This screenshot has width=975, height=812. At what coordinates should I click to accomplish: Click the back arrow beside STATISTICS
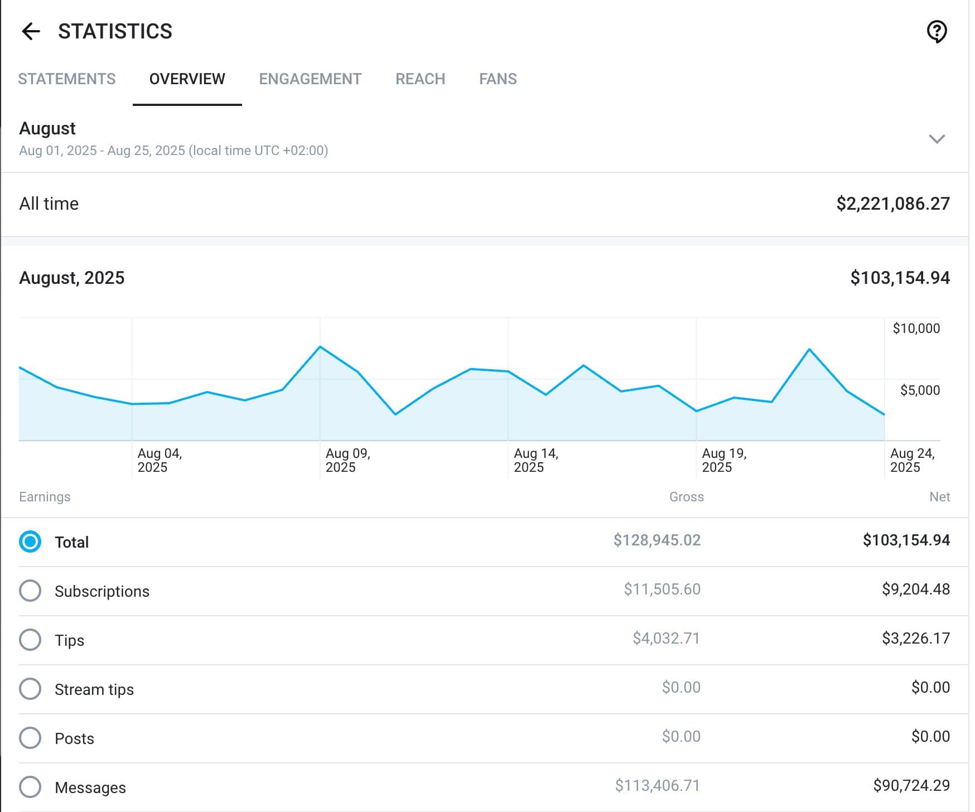[x=31, y=31]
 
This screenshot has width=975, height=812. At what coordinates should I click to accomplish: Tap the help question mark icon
[x=937, y=31]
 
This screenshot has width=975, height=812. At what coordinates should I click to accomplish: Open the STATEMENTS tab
[x=67, y=79]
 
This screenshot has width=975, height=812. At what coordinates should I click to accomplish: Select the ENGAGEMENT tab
[x=310, y=79]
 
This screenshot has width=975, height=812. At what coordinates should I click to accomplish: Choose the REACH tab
[x=420, y=79]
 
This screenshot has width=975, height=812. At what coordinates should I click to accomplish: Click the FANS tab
[x=498, y=79]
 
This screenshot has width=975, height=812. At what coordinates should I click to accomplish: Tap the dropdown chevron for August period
[x=937, y=139]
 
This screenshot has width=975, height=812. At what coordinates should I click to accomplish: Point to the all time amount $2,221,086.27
[x=893, y=204]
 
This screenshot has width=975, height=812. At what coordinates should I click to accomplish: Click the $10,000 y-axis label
[x=916, y=328]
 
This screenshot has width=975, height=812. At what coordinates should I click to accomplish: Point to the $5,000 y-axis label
[x=920, y=390]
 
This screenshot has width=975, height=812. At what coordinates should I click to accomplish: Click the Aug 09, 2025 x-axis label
[x=348, y=460]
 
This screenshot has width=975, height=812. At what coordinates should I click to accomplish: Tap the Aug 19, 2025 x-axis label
[x=724, y=460]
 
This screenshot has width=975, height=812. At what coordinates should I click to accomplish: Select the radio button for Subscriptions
[x=30, y=591]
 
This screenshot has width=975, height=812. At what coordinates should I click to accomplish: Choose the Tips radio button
[x=30, y=640]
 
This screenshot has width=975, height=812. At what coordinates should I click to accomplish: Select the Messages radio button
[x=30, y=787]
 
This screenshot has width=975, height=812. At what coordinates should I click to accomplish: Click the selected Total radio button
[x=30, y=542]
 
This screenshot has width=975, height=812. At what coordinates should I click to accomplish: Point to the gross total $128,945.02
[x=657, y=540]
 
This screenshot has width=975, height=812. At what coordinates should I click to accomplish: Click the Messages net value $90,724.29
[x=911, y=785]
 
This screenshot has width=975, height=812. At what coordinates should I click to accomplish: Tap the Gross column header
[x=687, y=497]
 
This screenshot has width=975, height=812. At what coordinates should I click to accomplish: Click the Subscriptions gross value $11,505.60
[x=662, y=589]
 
